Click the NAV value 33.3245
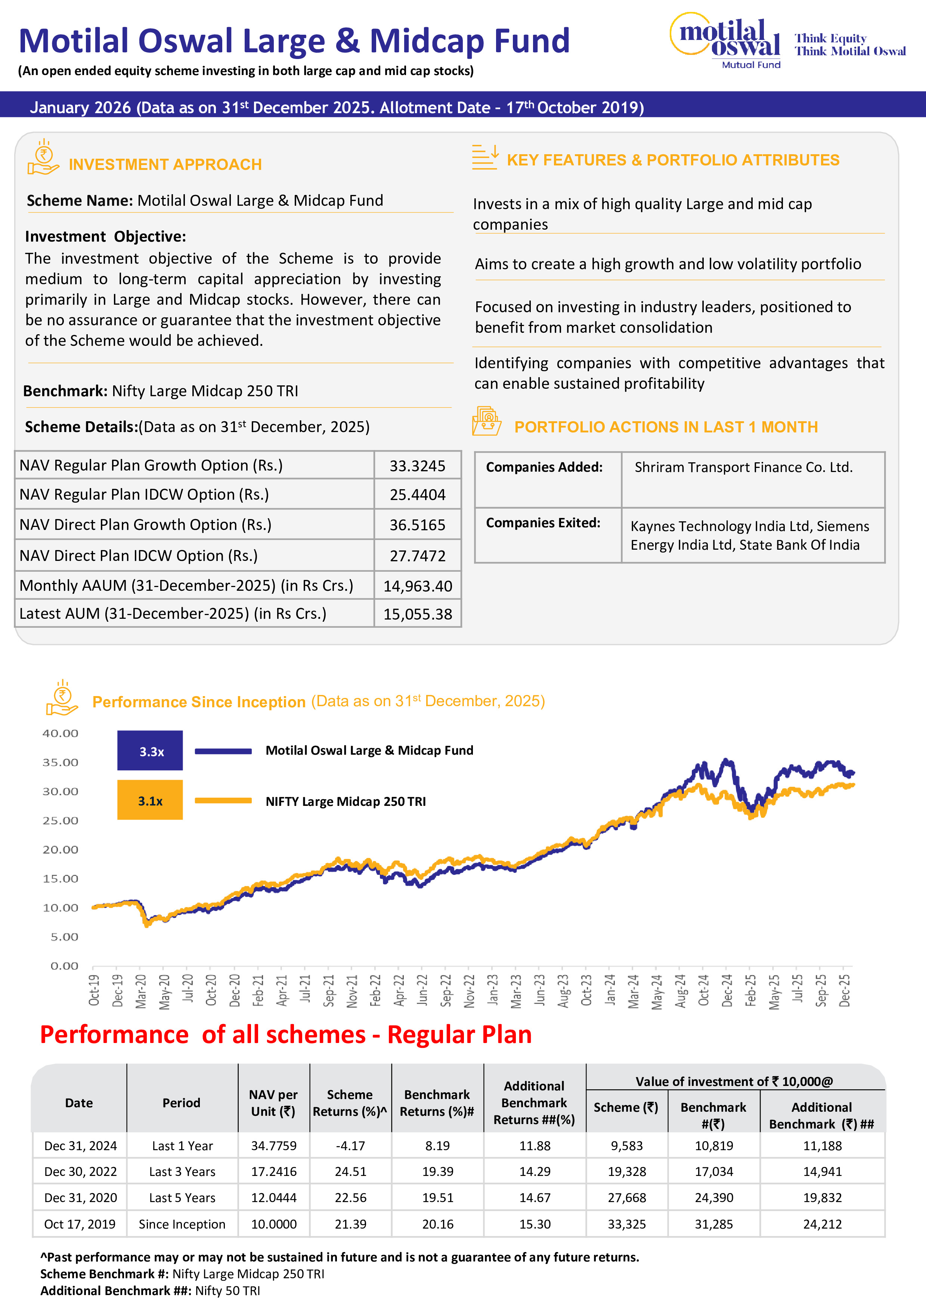pyautogui.click(x=417, y=466)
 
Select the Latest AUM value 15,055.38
pyautogui.click(x=417, y=614)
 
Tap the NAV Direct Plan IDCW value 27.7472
pyautogui.click(x=417, y=556)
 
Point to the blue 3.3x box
pyautogui.click(x=150, y=751)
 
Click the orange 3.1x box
pyautogui.click(x=150, y=801)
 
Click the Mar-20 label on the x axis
pyautogui.click(x=140, y=991)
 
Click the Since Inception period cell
pyautogui.click(x=182, y=1224)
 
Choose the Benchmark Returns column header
pyautogui.click(x=437, y=1103)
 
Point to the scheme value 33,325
pyautogui.click(x=626, y=1224)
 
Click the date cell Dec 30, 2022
pyautogui.click(x=80, y=1171)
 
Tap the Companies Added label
pyautogui.click(x=544, y=467)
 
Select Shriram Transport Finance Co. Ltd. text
pyautogui.click(x=743, y=467)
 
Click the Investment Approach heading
pyautogui.click(x=165, y=164)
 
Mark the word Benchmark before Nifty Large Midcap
pyautogui.click(x=65, y=391)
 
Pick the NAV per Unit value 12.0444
pyautogui.click(x=273, y=1198)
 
